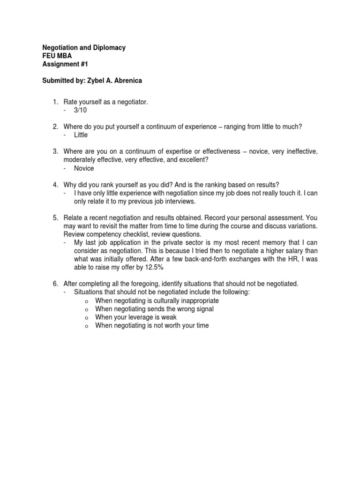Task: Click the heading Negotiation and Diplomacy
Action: pyautogui.click(x=84, y=48)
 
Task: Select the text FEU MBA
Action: pyautogui.click(x=58, y=56)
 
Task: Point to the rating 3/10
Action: pyautogui.click(x=80, y=110)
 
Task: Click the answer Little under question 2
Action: pyautogui.click(x=81, y=135)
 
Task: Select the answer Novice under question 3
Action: pyautogui.click(x=84, y=168)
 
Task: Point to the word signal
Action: pyautogui.click(x=203, y=309)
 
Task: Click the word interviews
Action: pyautogui.click(x=175, y=202)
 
